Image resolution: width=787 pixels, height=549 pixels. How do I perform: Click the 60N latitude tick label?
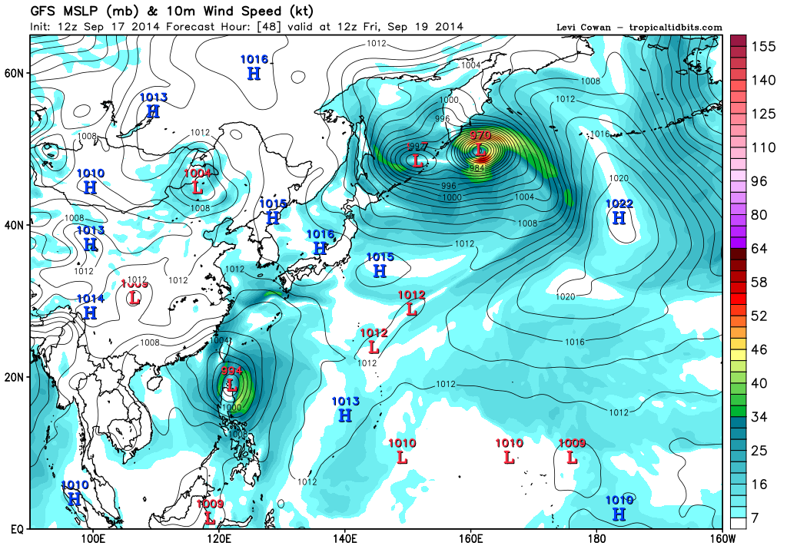point(16,73)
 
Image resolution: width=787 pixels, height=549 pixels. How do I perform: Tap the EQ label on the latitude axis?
point(16,530)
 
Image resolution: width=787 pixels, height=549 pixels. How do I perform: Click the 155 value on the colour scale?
point(762,46)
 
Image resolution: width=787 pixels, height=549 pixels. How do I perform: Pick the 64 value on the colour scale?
point(759,249)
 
